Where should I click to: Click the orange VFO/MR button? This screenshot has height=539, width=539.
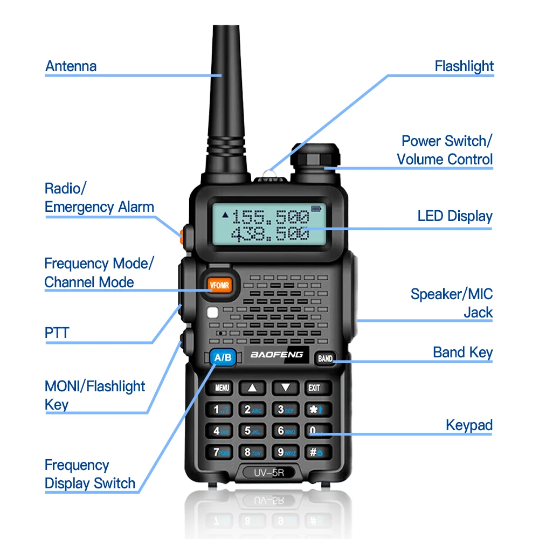click(219, 285)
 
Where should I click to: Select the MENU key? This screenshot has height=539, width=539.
click(222, 387)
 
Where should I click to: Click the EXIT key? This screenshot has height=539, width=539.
click(314, 387)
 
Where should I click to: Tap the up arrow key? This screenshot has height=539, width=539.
click(252, 387)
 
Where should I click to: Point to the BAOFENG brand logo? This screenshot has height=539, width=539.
click(277, 355)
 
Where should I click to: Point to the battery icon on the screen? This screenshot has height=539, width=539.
click(315, 209)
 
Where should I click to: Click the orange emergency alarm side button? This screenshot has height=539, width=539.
click(182, 234)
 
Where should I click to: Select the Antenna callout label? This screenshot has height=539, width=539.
click(71, 66)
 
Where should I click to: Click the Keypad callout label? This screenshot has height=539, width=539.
click(469, 425)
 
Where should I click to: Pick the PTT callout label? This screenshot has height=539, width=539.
click(57, 333)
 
